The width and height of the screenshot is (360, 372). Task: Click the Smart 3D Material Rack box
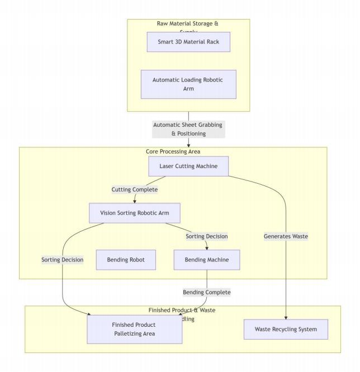tap(188, 42)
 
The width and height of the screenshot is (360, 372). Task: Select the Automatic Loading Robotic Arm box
tap(188, 84)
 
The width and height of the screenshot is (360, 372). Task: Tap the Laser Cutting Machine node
tap(188, 166)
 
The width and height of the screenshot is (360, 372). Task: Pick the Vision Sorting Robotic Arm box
tap(134, 213)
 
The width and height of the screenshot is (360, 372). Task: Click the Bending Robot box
tap(125, 260)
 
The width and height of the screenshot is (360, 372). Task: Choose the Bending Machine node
tap(207, 260)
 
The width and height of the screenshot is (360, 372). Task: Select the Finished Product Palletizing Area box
tap(134, 329)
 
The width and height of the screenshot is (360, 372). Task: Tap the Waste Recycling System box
tap(286, 329)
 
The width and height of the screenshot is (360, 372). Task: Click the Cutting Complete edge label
tap(135, 189)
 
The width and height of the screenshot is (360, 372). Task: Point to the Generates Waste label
tap(286, 236)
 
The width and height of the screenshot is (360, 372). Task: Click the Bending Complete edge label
tap(207, 292)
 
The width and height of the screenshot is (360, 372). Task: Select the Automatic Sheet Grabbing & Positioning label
tap(188, 129)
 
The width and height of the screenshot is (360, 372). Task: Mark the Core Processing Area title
tap(173, 151)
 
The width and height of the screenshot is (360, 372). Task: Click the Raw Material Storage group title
tap(188, 24)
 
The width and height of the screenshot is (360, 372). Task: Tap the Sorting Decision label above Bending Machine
tap(207, 236)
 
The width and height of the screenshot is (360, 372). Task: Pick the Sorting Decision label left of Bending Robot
tap(62, 260)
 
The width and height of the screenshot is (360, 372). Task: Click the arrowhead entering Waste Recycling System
tap(286, 317)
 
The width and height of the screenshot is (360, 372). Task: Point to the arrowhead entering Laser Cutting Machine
tap(188, 154)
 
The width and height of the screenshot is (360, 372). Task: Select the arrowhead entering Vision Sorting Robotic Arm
tap(135, 201)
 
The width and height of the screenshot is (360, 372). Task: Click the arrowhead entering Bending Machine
tap(207, 247)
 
